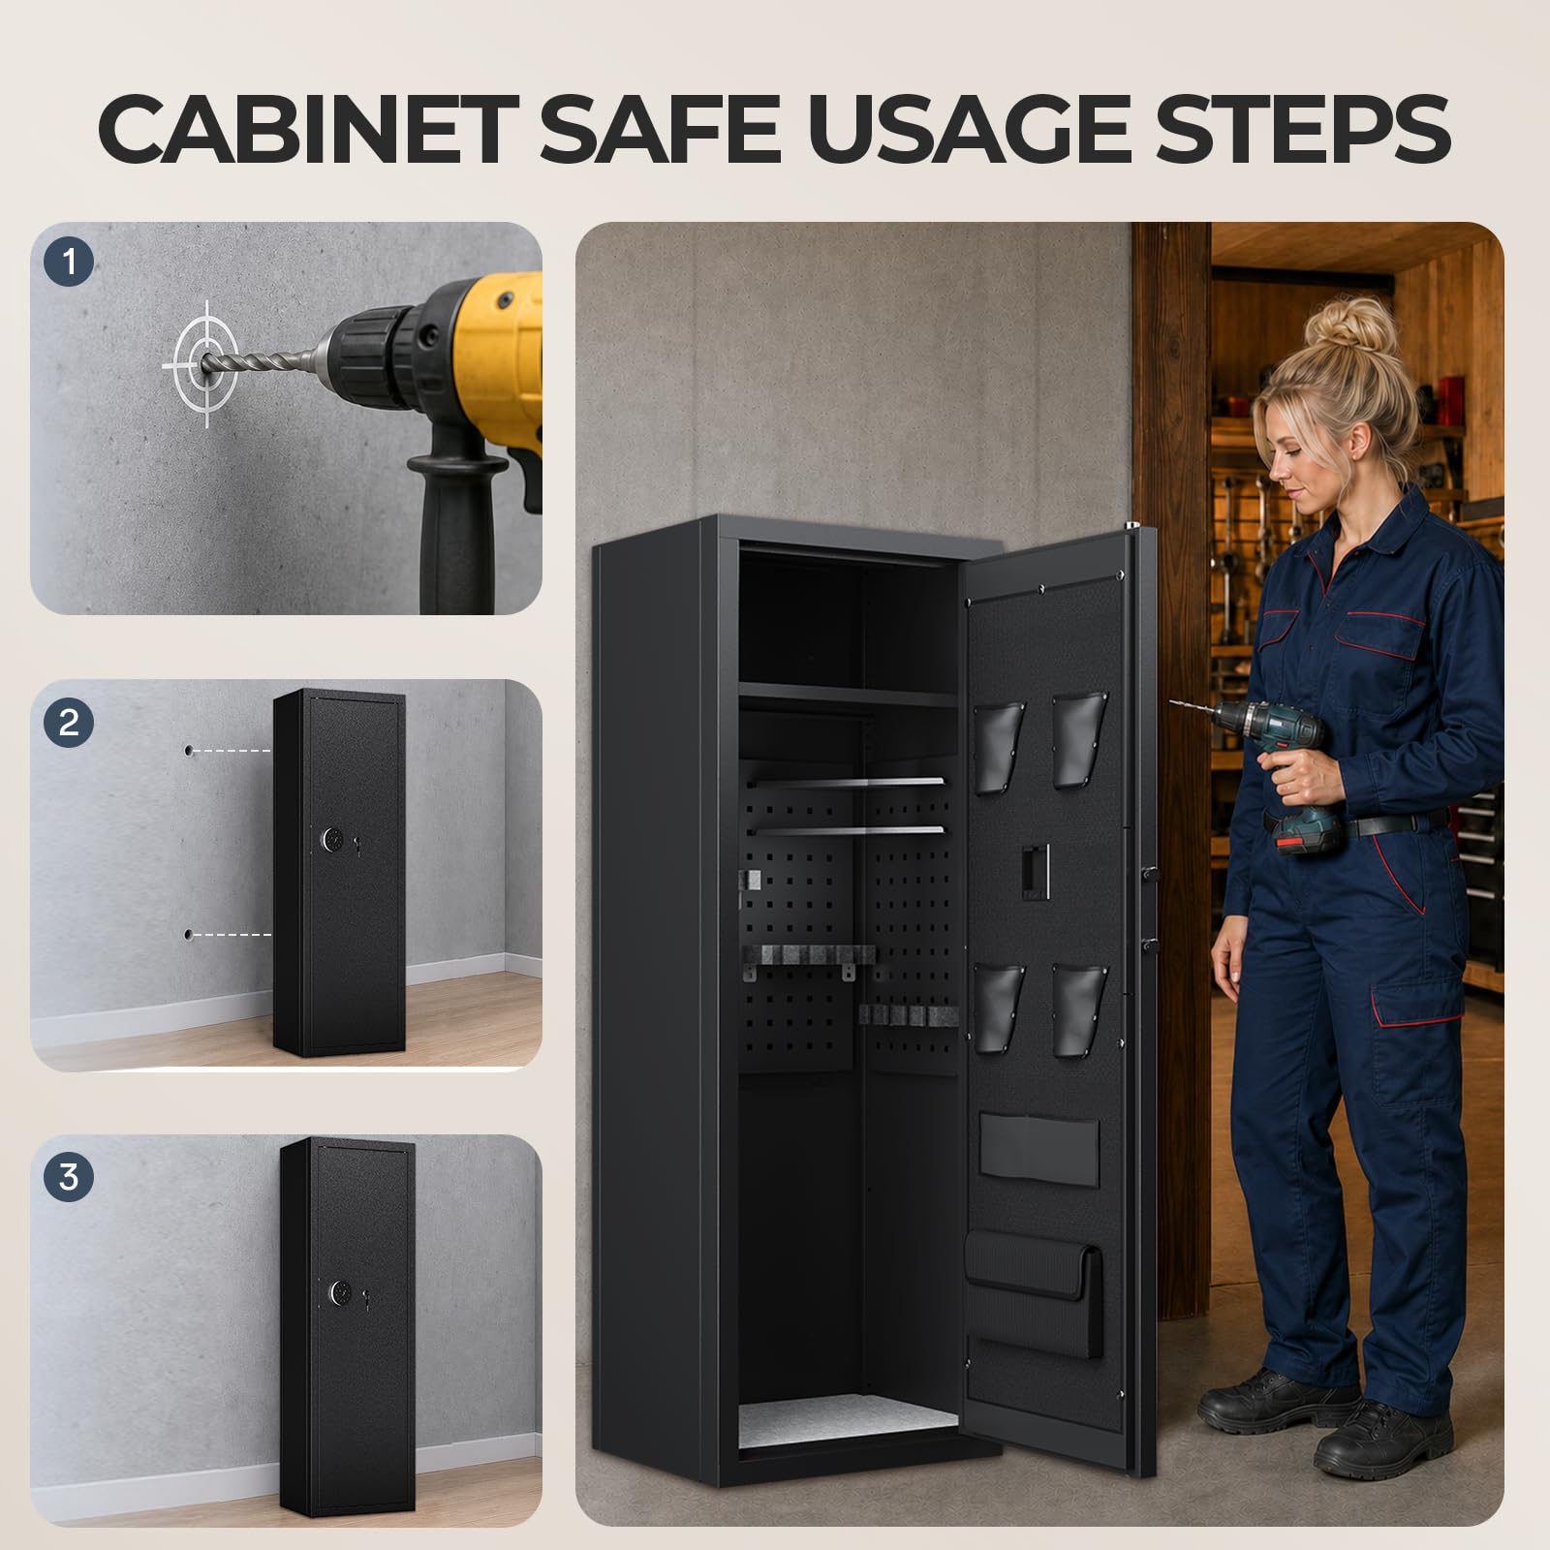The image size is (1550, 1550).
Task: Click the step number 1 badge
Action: pyautogui.click(x=69, y=262)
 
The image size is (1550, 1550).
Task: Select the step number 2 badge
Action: pyautogui.click(x=69, y=723)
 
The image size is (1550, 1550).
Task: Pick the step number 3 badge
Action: pyautogui.click(x=69, y=1177)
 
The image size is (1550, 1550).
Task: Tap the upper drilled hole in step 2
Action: pyautogui.click(x=189, y=751)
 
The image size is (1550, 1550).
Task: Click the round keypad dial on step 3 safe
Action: pyautogui.click(x=340, y=1292)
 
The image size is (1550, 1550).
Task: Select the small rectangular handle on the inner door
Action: pyautogui.click(x=1035, y=871)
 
